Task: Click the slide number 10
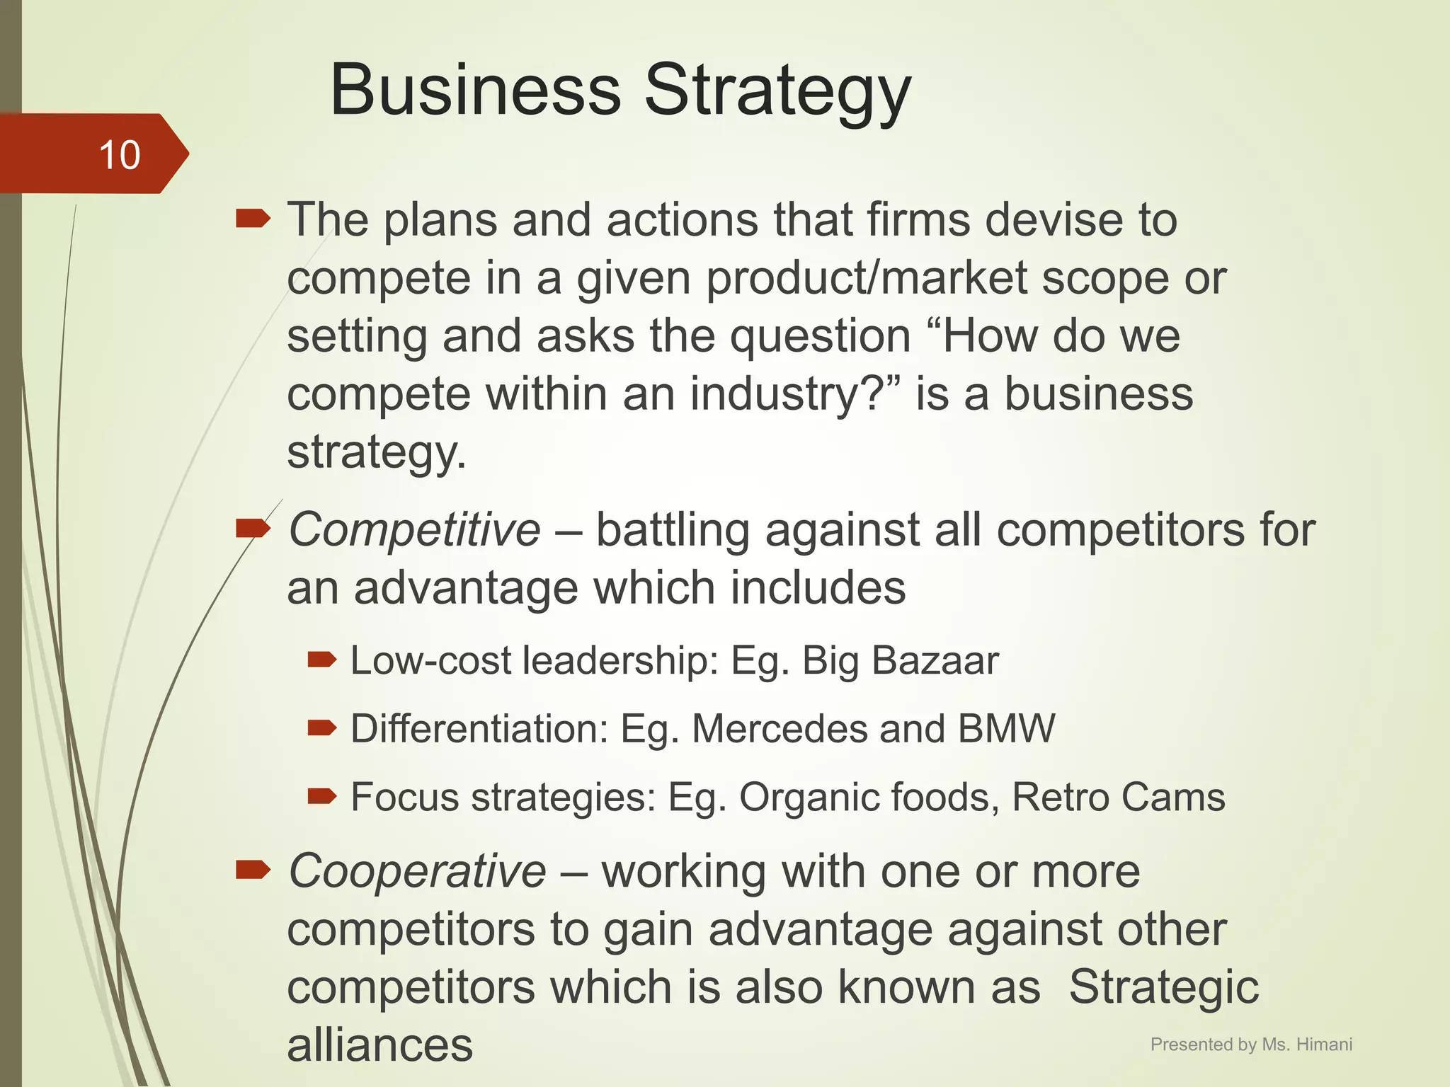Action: click(120, 155)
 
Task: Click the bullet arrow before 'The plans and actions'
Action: click(253, 219)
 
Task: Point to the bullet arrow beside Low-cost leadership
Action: click(322, 660)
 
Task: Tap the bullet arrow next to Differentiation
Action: click(322, 727)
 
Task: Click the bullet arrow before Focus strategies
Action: click(322, 797)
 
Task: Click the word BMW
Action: click(1006, 728)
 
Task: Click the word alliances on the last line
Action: click(379, 1045)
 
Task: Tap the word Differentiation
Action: click(479, 728)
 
